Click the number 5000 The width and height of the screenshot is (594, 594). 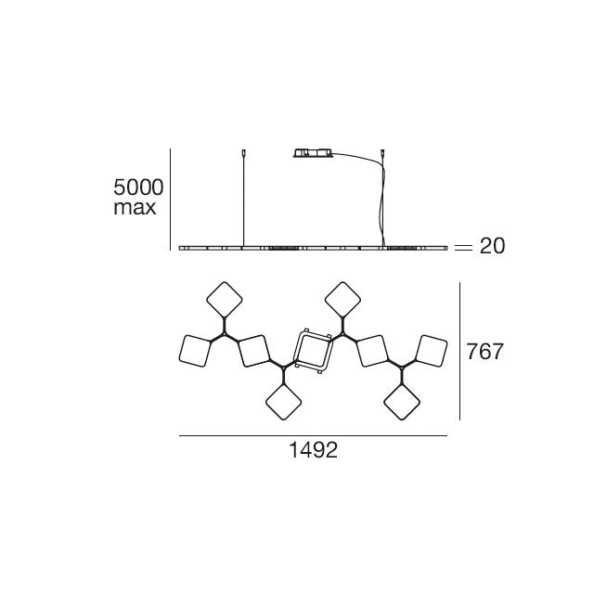click(138, 187)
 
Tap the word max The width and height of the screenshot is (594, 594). click(135, 208)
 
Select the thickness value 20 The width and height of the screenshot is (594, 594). click(492, 246)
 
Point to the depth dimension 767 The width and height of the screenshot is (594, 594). click(484, 351)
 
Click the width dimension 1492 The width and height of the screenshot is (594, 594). click(313, 450)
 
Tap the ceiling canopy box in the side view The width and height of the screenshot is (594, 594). click(314, 152)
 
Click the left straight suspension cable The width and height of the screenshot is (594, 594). click(243, 200)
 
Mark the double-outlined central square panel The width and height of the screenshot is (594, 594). click(314, 351)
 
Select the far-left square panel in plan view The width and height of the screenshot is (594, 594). click(195, 351)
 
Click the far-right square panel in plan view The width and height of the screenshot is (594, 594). click(431, 351)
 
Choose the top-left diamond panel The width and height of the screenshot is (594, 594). click(225, 300)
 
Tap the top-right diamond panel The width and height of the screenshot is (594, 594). click(342, 300)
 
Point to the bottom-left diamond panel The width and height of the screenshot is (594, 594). click(283, 402)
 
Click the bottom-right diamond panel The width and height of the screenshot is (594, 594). click(402, 402)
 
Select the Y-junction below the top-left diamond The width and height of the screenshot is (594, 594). click(225, 334)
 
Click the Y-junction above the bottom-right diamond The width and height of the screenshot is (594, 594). click(402, 368)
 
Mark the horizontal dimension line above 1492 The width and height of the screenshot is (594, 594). click(313, 435)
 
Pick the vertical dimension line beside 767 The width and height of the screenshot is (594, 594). click(460, 351)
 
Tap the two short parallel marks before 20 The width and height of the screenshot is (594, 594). click(463, 248)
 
